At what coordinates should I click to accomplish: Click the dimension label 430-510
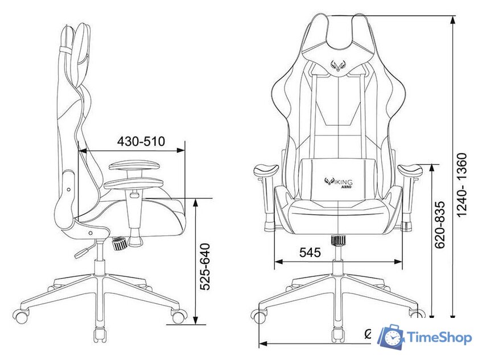(x=141, y=141)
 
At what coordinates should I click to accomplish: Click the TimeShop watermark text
(x=440, y=338)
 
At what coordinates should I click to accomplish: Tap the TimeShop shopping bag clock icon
(x=392, y=337)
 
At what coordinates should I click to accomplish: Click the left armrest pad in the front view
(x=265, y=170)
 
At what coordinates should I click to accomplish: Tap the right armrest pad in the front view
(x=410, y=170)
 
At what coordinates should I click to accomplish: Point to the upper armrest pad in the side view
(x=135, y=165)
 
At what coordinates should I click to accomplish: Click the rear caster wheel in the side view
(x=21, y=316)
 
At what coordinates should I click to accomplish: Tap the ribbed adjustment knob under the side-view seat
(x=120, y=243)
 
